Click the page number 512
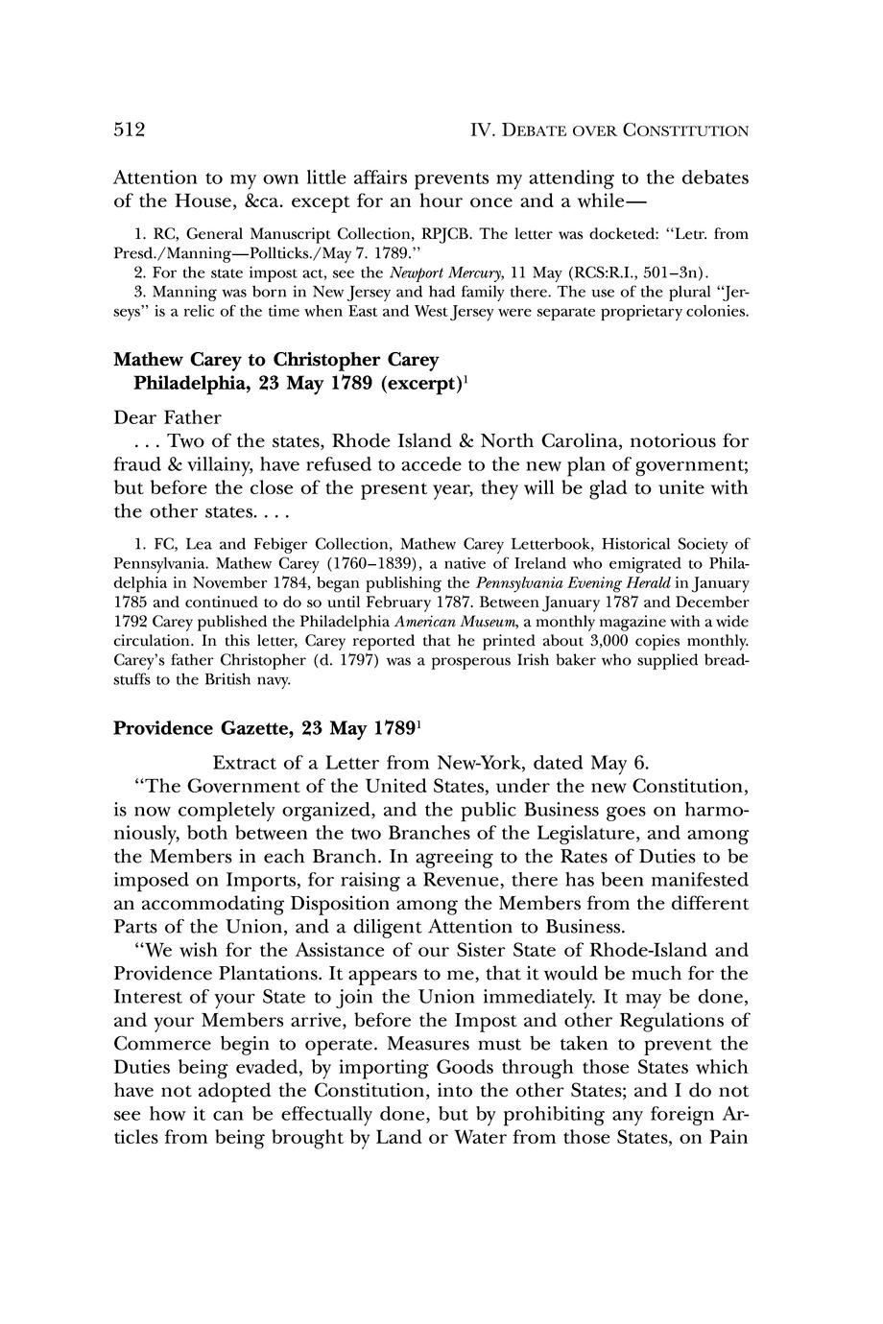pos(129,130)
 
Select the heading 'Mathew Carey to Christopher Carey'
pos(275,360)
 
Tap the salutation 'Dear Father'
pos(167,417)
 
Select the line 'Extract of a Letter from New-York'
pos(431,763)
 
